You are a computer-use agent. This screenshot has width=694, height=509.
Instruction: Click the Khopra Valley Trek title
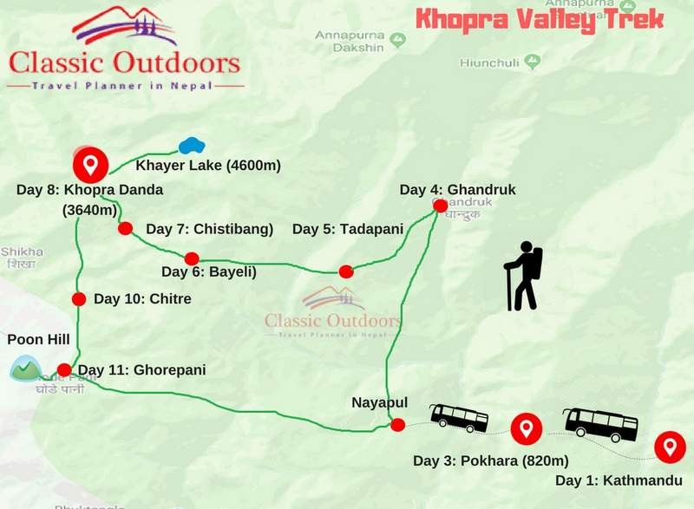[539, 19]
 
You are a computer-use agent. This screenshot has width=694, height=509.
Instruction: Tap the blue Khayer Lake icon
[191, 146]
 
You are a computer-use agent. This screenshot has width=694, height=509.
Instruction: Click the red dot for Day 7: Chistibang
[125, 228]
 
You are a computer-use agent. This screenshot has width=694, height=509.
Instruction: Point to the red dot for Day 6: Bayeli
[192, 258]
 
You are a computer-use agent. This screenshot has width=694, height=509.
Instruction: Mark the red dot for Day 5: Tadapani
[346, 271]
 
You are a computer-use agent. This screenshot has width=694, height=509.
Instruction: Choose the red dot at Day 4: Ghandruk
[440, 206]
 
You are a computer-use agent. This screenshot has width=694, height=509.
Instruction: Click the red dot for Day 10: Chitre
[78, 299]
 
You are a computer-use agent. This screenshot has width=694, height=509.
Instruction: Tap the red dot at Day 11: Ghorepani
[63, 369]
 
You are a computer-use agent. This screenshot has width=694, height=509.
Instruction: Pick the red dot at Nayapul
[397, 425]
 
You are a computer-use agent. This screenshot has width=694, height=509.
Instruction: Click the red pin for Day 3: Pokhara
[526, 427]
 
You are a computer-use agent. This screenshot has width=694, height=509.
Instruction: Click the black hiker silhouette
[523, 276]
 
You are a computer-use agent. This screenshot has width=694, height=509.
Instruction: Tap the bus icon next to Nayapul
[459, 417]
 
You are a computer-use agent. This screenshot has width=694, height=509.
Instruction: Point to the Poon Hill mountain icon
[26, 369]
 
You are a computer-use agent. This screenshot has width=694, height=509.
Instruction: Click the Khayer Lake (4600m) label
[208, 165]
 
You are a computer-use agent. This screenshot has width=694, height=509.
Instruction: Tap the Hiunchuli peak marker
[532, 62]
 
